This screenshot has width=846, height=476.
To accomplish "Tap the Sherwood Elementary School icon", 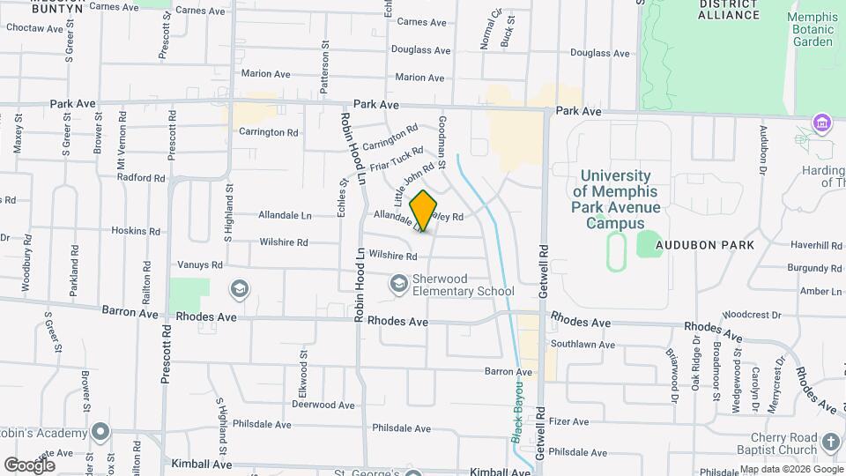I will (x=399, y=283).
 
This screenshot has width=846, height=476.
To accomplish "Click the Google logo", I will (x=29, y=465).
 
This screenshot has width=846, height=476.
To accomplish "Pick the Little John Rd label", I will (x=414, y=183).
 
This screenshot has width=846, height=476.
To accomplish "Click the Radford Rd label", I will (x=141, y=177).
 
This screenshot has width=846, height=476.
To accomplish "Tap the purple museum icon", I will (x=821, y=122).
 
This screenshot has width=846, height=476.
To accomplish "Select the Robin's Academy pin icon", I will (x=100, y=432).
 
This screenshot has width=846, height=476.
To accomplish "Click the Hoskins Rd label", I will (x=136, y=231).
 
